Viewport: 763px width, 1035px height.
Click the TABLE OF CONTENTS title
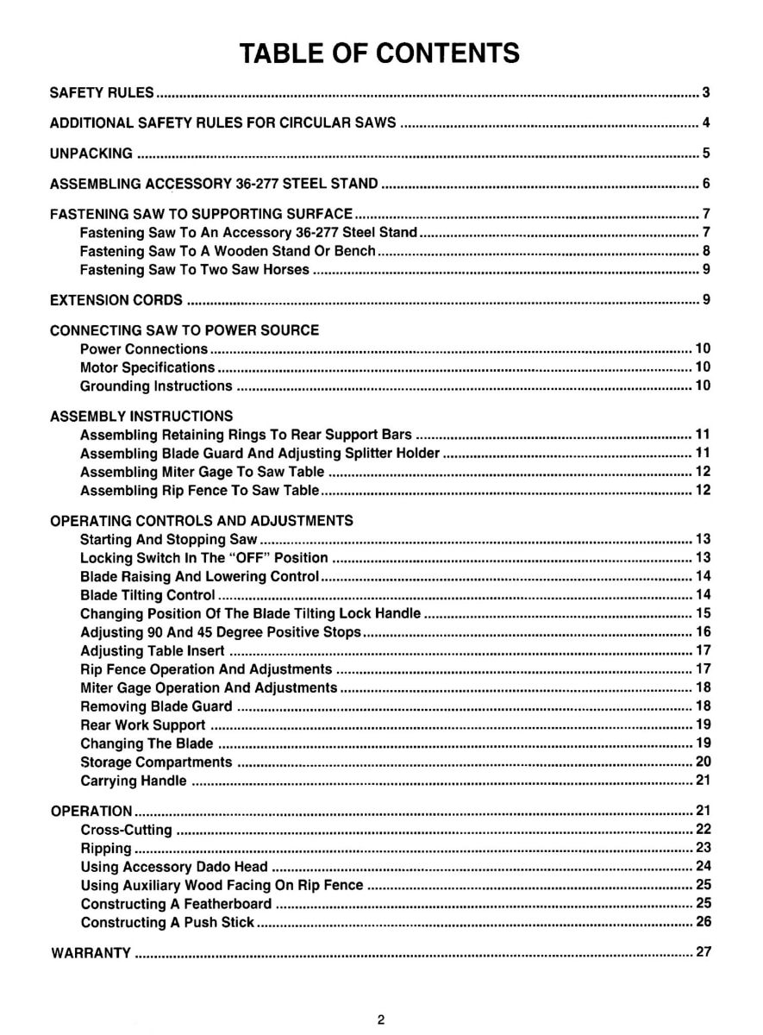point(380,53)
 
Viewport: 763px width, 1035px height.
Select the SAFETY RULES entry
point(102,92)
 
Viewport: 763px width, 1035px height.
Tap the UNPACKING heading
point(91,154)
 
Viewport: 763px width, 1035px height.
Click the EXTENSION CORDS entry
point(116,300)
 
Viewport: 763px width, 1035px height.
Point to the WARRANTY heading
point(91,953)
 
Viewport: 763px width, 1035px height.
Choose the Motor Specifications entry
point(147,367)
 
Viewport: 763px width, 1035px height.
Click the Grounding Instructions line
point(156,386)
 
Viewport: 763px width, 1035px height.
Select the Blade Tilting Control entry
point(147,595)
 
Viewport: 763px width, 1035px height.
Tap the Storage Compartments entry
point(156,762)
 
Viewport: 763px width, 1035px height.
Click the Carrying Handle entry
point(134,781)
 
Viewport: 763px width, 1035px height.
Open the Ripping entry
point(106,848)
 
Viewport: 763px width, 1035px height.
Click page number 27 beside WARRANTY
point(703,953)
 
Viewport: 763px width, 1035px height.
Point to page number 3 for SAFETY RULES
point(705,92)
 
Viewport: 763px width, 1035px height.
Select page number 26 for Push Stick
point(703,922)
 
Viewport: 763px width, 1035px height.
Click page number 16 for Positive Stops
point(703,632)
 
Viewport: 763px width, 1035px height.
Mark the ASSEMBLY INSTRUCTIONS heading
point(141,416)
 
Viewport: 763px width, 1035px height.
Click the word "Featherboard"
point(228,904)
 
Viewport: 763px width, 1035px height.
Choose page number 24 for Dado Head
point(703,866)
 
